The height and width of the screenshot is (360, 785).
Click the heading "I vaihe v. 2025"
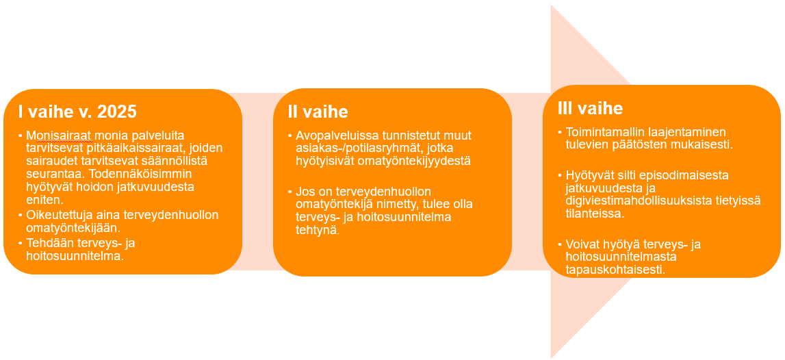click(x=77, y=112)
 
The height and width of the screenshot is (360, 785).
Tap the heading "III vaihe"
click(x=590, y=109)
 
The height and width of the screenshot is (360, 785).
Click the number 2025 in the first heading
click(x=116, y=112)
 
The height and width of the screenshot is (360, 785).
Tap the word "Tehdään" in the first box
click(x=47, y=244)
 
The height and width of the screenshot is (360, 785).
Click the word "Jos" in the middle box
click(x=304, y=192)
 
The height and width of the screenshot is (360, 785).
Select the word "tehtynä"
click(x=316, y=230)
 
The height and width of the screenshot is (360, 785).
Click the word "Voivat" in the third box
click(x=582, y=245)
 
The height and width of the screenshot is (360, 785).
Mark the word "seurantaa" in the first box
click(x=50, y=175)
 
